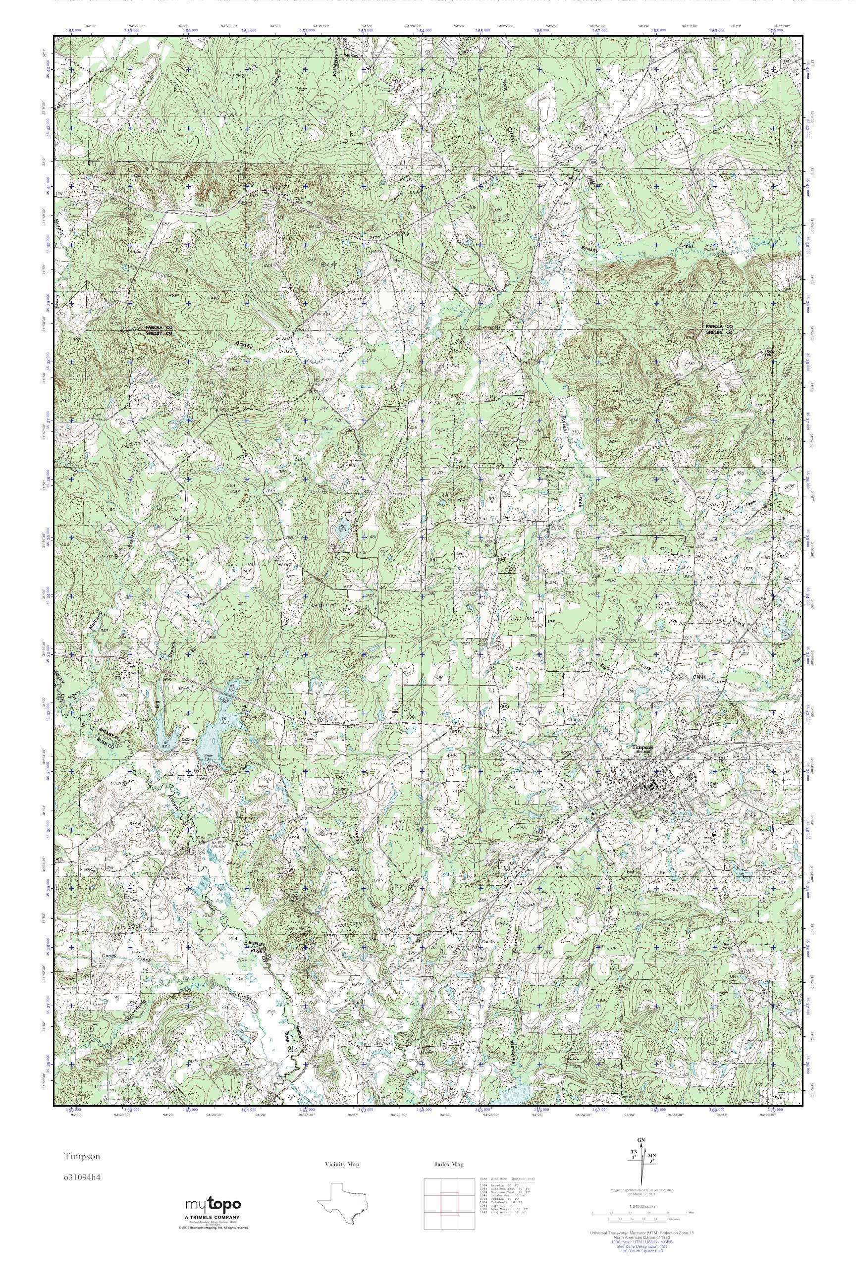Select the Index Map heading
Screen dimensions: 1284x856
(x=449, y=1165)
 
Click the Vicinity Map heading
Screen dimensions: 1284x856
(x=343, y=1165)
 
